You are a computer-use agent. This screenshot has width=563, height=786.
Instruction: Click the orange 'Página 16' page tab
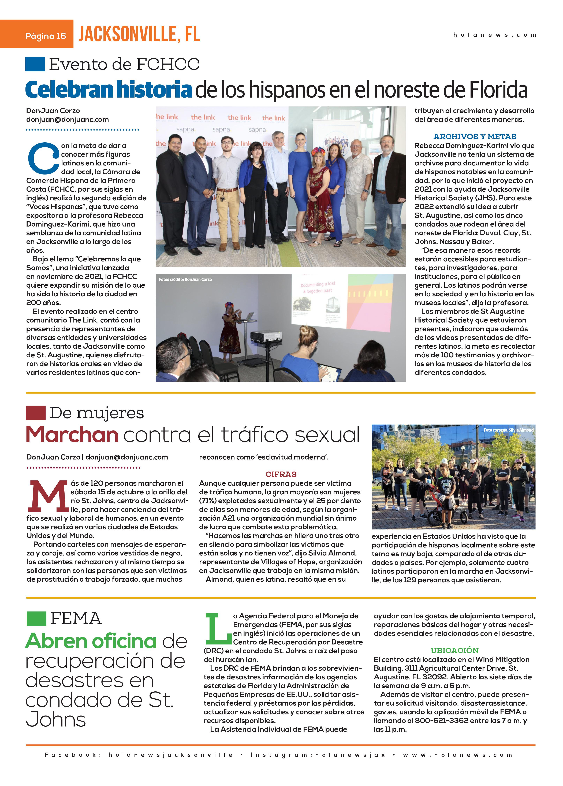tap(37, 34)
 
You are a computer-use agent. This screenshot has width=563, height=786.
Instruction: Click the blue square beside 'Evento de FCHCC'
tap(35, 64)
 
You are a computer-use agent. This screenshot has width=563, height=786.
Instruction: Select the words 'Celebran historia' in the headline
tap(109, 89)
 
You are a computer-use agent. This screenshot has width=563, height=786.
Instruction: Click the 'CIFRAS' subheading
tap(281, 474)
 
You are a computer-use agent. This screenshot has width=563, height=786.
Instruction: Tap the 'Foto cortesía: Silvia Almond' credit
tap(508, 430)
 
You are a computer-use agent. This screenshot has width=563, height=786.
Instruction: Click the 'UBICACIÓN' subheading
tap(454, 651)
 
